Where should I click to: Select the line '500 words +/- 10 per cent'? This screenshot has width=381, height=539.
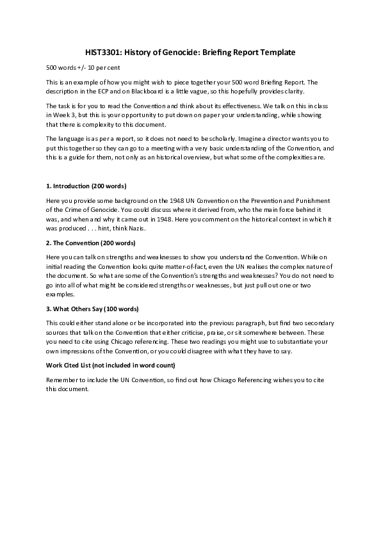tap(83, 67)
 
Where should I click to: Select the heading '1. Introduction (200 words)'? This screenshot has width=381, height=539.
tap(86, 186)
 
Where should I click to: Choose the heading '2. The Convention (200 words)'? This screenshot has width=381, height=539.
tap(90, 243)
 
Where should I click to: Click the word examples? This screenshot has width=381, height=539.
tap(60, 294)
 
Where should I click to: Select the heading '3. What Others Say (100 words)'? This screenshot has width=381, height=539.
tap(92, 310)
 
